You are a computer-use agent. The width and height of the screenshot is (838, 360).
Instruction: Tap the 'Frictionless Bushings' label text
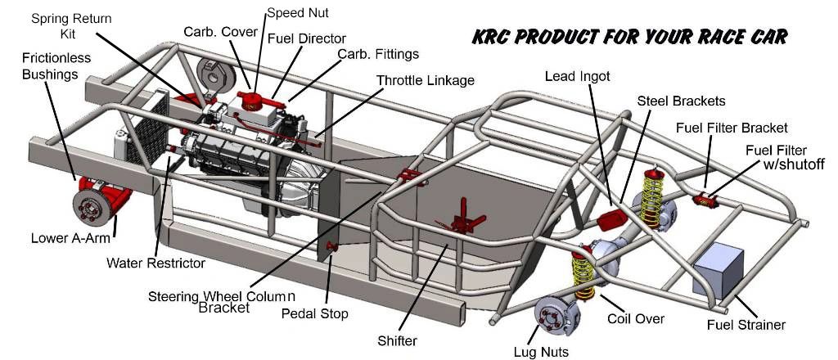[56, 66]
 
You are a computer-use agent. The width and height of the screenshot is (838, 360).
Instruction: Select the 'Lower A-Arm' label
[69, 239]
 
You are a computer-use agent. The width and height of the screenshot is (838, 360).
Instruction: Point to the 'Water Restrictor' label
[155, 263]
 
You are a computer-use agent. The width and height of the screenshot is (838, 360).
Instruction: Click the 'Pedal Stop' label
[314, 313]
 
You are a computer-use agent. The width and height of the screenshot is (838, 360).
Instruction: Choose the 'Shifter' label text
[398, 340]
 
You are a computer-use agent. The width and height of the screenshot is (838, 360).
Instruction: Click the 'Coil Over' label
[635, 319]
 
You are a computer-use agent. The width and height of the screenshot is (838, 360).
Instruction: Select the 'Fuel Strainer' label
[746, 325]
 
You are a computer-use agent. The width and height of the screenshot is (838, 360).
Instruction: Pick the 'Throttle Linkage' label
[426, 81]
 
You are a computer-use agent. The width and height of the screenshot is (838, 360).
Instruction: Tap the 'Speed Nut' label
[298, 13]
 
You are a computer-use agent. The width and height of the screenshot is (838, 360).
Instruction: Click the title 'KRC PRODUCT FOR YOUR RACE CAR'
[630, 37]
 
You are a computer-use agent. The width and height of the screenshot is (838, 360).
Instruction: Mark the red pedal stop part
[332, 246]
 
